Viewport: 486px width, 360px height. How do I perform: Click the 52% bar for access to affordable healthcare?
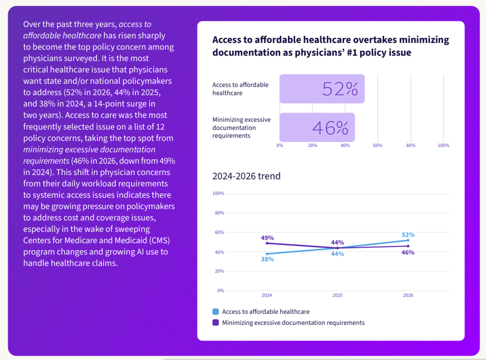[322, 89]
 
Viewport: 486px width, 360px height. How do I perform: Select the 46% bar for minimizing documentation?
[317, 127]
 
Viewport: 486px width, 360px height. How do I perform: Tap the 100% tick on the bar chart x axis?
[443, 145]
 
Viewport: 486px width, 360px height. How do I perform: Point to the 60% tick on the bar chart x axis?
[377, 145]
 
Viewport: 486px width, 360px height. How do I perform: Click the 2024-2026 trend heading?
[246, 176]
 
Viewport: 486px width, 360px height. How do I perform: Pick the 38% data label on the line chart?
[267, 259]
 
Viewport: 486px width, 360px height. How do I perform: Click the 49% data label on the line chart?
[267, 238]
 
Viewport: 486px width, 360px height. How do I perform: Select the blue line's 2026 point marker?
[408, 240]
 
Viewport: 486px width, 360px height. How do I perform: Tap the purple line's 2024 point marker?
[267, 243]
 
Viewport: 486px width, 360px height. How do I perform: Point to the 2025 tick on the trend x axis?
[337, 295]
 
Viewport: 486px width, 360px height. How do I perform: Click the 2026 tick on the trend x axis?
[408, 295]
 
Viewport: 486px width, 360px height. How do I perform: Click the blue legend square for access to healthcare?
[216, 311]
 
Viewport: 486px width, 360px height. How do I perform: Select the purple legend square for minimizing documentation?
[216, 322]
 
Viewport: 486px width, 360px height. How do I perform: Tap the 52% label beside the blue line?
[408, 234]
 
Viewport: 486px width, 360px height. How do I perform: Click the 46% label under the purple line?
[408, 252]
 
